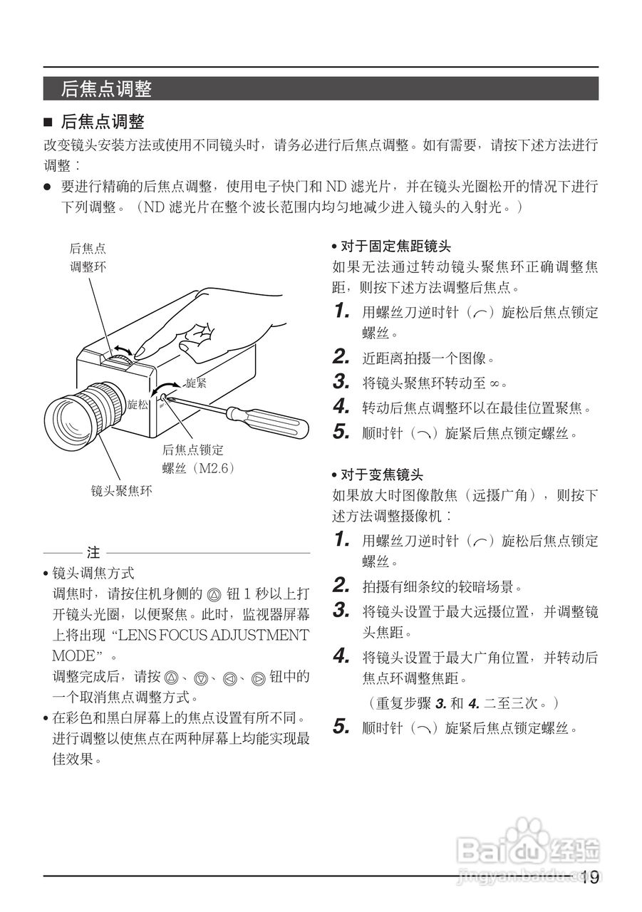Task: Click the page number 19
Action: point(589,878)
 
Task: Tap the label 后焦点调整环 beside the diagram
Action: point(88,258)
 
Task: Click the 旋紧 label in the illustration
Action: point(196,383)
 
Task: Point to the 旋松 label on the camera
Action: point(138,405)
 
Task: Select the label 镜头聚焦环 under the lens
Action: point(121,491)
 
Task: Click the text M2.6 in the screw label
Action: point(214,468)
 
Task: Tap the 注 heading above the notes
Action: point(93,552)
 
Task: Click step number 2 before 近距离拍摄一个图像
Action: point(341,357)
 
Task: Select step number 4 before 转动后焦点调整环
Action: point(341,408)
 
